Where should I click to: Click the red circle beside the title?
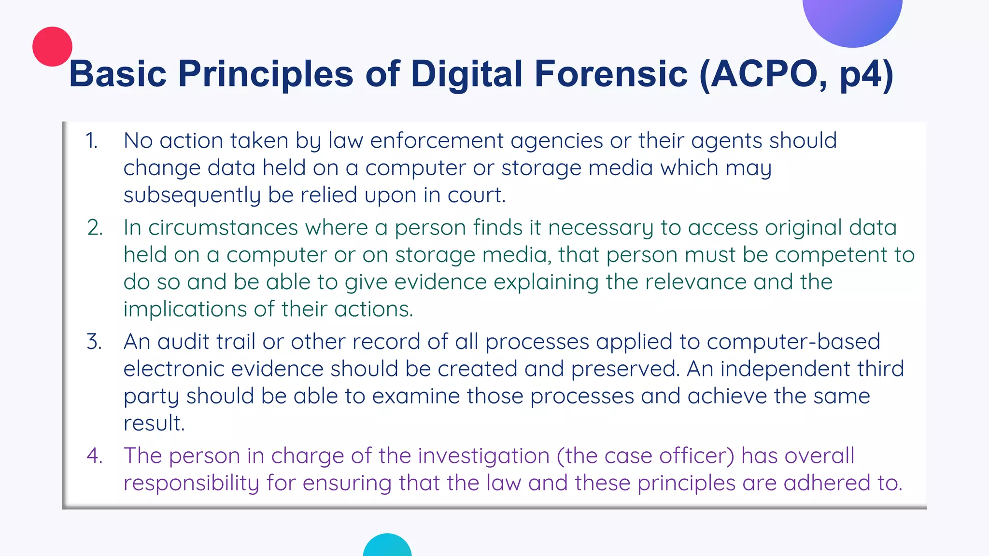52,46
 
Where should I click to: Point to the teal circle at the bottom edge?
387,546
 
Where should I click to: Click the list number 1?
91,141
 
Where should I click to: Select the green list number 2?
95,227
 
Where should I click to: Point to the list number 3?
94,342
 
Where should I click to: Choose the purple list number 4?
95,456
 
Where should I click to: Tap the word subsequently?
192,195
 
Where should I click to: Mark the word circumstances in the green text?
223,227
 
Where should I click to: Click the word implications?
185,309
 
